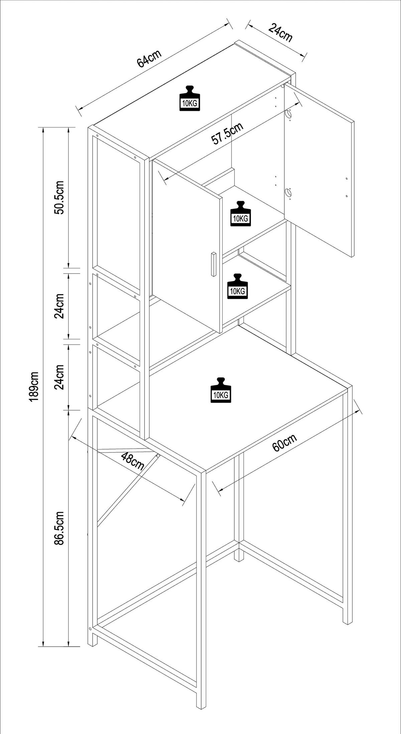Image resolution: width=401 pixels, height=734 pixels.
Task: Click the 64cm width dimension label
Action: point(149,59)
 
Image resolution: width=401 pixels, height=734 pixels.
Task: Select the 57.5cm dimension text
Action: point(227,134)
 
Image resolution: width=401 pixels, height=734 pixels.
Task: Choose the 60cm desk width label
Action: point(284,442)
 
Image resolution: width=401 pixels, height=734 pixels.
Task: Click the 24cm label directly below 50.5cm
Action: point(60,306)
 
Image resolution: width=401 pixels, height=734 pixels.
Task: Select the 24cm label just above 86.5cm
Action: point(60,377)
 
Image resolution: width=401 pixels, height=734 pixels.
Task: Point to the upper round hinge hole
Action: point(288,114)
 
